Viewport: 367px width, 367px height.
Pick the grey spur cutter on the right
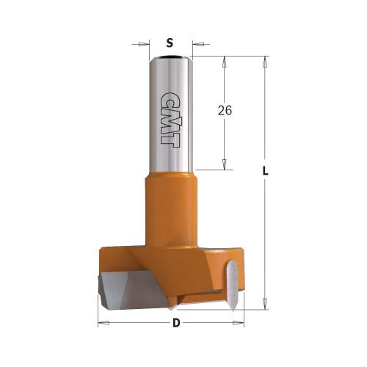[231, 283]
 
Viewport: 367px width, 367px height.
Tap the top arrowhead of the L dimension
[263, 60]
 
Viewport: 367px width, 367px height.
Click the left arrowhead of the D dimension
[103, 323]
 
